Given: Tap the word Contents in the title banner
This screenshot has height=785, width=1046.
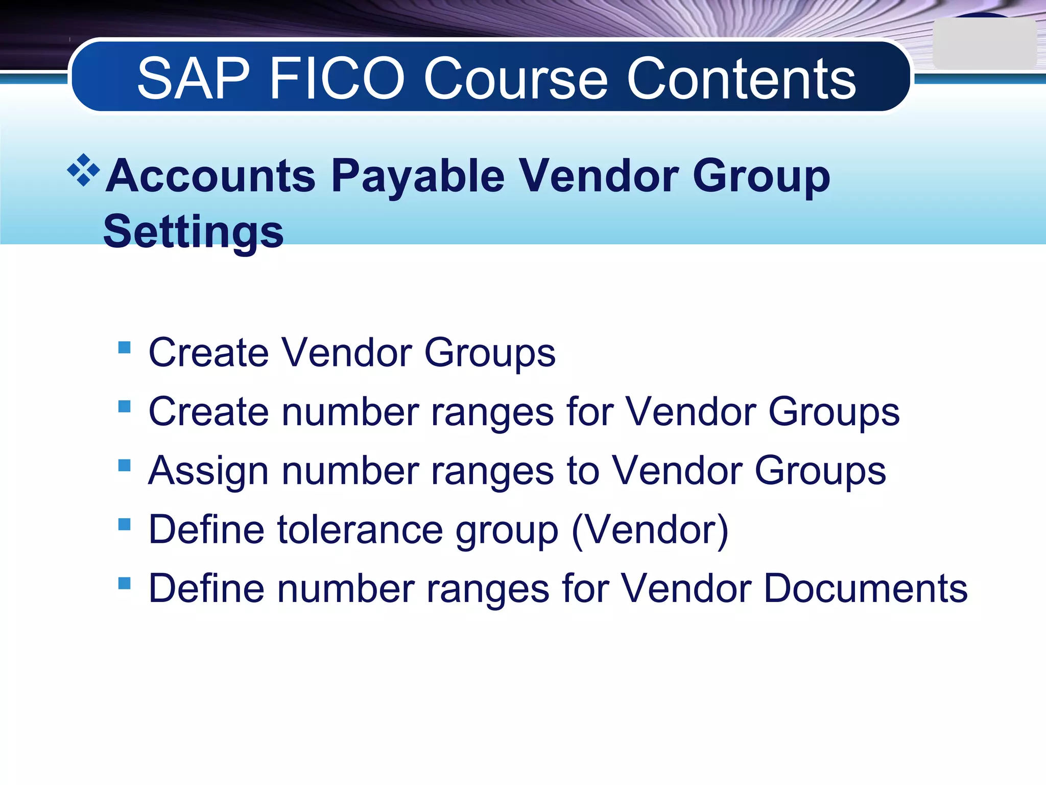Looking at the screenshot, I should [x=741, y=79].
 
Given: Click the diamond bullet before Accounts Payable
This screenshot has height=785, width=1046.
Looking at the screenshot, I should [x=83, y=170].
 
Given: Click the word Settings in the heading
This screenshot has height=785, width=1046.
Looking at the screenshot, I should [x=193, y=232].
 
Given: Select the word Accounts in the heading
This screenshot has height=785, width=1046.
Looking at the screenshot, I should [x=211, y=176].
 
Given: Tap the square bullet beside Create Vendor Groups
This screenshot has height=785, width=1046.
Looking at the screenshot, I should [x=124, y=348].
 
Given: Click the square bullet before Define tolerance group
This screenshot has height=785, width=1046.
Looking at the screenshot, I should [x=124, y=524].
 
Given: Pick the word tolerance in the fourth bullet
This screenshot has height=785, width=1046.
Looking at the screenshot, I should [x=360, y=529].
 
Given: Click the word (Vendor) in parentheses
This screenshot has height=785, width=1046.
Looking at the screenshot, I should [x=650, y=530].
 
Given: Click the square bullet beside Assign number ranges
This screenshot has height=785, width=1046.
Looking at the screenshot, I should [x=124, y=466].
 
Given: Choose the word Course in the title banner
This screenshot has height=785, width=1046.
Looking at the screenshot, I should [x=515, y=79].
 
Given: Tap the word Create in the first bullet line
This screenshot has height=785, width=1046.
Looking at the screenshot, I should [x=208, y=353].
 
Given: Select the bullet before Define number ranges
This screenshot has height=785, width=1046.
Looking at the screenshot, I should [x=124, y=583].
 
